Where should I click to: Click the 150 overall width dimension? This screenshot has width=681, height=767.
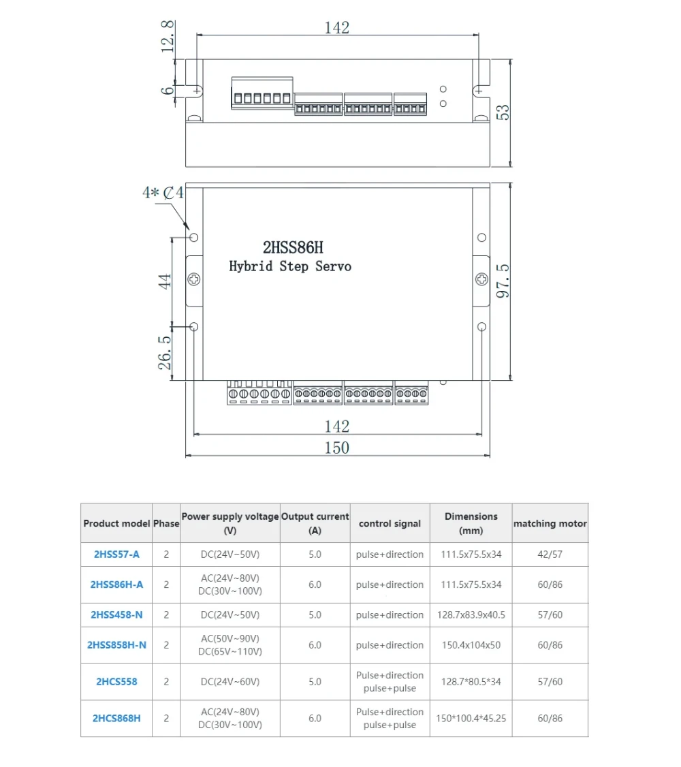coord(336,448)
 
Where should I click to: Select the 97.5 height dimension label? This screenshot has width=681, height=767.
coord(504,281)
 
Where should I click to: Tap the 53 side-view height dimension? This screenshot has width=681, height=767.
coord(504,112)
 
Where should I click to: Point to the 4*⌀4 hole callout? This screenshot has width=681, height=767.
coord(163,193)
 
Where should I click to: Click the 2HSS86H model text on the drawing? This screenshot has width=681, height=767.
coord(293,247)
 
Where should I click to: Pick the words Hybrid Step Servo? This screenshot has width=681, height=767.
coord(290,266)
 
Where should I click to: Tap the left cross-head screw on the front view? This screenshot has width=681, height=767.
coord(194,279)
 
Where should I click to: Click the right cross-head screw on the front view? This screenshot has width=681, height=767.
coord(481,279)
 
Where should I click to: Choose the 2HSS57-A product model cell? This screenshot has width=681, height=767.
coord(116,554)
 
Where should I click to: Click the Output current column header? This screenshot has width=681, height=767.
coord(315,523)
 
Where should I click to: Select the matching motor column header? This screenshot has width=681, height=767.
coord(550,524)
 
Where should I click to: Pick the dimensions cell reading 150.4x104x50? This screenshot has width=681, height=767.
coord(471,645)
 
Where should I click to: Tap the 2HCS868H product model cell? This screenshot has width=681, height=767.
coord(116,718)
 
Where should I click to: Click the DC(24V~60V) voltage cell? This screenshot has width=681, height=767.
coord(230,681)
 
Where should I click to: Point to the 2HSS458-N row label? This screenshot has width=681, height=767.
coord(116,614)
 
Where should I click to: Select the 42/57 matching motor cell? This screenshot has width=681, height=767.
coord(550,554)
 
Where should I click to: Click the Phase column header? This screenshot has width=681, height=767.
coord(166,524)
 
